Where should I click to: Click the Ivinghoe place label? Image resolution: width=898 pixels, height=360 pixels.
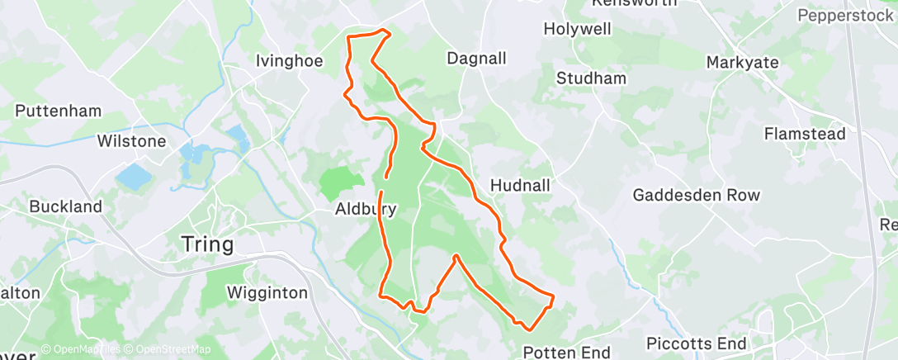pos(285,60)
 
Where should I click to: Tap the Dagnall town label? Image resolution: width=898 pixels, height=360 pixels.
pos(476,59)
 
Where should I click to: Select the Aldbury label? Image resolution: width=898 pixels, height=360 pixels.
pos(366,210)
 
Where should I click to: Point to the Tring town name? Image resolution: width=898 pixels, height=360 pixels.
pos(207,244)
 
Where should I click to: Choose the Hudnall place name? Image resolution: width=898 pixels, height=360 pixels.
pos(520,185)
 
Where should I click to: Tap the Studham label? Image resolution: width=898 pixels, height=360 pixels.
pos(591,78)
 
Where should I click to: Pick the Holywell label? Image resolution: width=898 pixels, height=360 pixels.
pos(577,29)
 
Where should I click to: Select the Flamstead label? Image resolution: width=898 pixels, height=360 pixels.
pos(805,134)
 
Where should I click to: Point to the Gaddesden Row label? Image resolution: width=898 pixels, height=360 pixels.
pos(697,196)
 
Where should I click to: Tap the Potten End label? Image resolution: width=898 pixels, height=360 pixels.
pos(566,353)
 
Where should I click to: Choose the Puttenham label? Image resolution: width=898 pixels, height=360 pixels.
pos(58,111)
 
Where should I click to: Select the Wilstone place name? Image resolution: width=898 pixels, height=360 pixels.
pos(132,141)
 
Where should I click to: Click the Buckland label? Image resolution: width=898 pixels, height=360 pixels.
pos(66,206)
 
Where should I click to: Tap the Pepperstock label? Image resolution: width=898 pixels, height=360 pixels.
pos(845,15)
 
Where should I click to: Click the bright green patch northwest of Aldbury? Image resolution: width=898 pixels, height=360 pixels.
pos(341,181)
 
